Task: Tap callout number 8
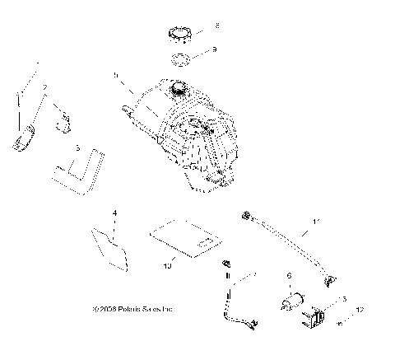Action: click(217, 25)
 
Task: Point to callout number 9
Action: click(214, 49)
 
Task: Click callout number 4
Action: click(114, 213)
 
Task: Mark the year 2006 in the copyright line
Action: click(108, 309)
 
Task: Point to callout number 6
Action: click(288, 276)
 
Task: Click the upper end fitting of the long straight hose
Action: click(244, 216)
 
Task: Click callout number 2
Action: click(45, 88)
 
